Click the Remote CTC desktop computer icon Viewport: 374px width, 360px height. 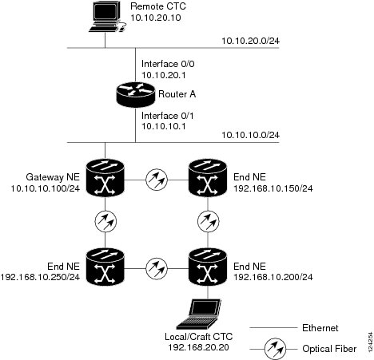(106, 17)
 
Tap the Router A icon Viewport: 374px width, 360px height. (136, 94)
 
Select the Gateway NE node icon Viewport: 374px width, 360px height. (105, 177)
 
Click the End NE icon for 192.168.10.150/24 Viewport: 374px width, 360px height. (208, 177)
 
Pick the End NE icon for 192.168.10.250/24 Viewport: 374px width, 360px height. (105, 267)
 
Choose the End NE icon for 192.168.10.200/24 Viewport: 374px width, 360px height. (208, 267)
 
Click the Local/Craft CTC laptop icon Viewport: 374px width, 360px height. (199, 315)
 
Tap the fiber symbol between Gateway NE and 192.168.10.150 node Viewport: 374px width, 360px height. (157, 180)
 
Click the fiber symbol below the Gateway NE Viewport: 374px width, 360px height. (105, 221)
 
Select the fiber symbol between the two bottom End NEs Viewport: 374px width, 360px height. (157, 268)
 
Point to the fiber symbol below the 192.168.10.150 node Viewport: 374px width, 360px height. (209, 221)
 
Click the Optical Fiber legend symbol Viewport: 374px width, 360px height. (275, 349)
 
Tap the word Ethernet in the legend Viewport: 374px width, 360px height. (320, 328)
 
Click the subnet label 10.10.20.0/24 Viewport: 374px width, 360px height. (251, 41)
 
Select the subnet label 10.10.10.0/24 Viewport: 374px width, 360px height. (251, 135)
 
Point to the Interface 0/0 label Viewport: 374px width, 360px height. (168, 64)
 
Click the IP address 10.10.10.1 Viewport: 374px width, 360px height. (164, 126)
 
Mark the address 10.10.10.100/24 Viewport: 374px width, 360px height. (46, 188)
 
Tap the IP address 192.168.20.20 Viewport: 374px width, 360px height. (198, 347)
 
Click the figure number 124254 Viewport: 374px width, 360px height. (370, 342)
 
